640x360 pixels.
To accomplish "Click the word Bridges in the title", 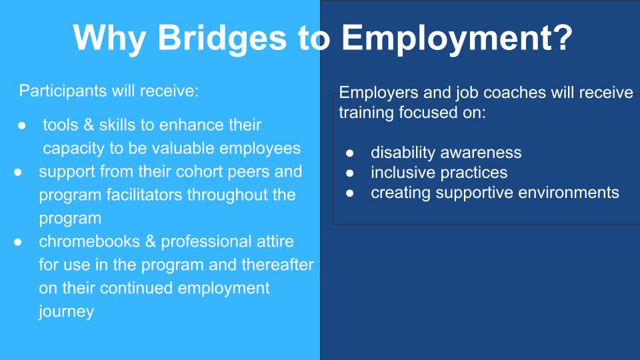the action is (x=222, y=39).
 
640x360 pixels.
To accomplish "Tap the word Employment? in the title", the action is (x=457, y=39).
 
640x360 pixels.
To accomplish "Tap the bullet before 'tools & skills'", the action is (x=21, y=126).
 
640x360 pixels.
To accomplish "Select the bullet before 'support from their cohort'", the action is (x=17, y=172).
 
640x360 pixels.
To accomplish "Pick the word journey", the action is (x=66, y=312).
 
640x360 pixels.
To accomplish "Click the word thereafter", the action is (x=277, y=265).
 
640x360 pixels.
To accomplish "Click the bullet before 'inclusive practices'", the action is (x=350, y=173).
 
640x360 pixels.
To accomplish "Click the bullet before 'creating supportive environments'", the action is (x=350, y=193).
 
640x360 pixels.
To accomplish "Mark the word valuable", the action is (x=180, y=148).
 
